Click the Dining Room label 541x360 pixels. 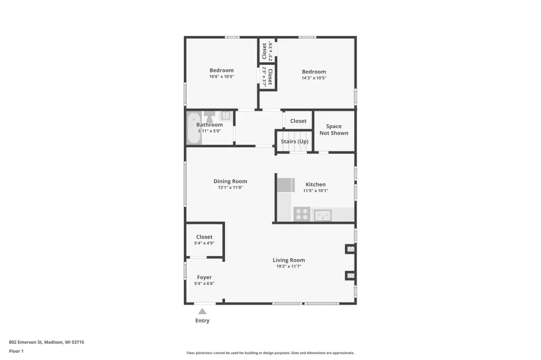pos(230,181)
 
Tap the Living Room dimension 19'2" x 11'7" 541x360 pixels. pos(289,266)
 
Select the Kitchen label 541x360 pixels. pos(315,184)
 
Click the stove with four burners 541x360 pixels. pos(302,214)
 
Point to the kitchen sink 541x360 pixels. pos(323,215)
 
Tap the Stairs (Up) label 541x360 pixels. pos(295,141)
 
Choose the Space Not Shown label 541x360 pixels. pos(334,130)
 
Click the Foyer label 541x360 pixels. pos(204,277)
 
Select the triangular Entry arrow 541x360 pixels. pos(202,311)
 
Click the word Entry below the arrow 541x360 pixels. pos(202,321)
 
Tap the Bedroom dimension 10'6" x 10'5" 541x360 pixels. pos(221,77)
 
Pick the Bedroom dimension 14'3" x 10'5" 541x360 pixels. pos(314,78)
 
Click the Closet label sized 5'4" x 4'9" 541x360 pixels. pos(204,237)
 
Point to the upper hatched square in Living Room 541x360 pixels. pos(351,249)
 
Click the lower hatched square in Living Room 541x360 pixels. pos(351,276)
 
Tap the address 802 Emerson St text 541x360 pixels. pos(25,342)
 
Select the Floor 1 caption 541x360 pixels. pos(16,351)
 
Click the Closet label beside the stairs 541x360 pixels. pos(298,121)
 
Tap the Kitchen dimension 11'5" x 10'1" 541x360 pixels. pos(315,191)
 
